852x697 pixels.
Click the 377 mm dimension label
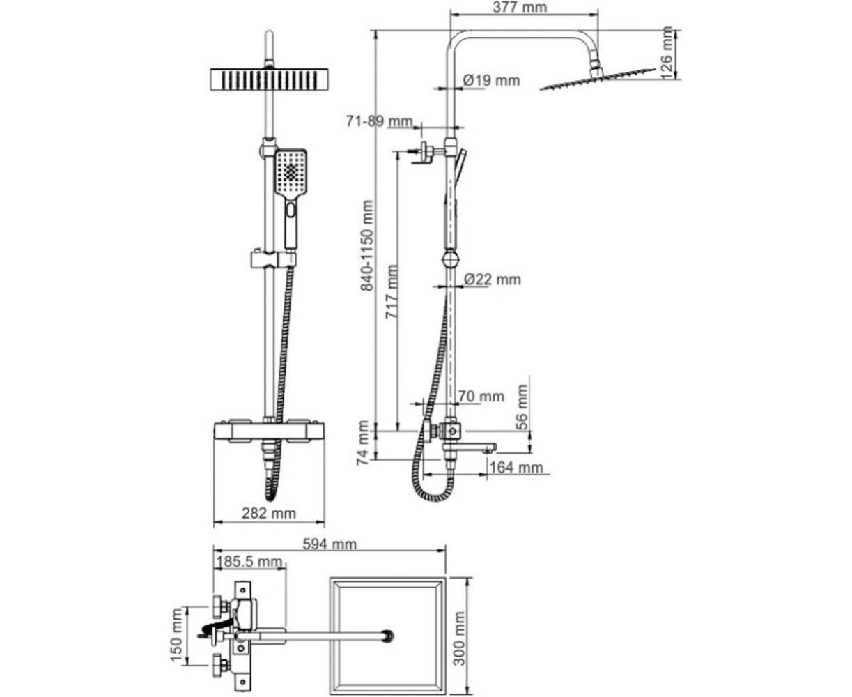coord(520,7)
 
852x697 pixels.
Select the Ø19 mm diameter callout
coord(491,80)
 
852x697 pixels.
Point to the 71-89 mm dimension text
coord(380,121)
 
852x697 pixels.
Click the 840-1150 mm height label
coord(368,245)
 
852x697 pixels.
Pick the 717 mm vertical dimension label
coord(391,291)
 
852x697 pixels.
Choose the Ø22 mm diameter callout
coord(492,279)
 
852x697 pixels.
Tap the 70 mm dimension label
coord(481,397)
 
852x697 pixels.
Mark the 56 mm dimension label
coord(522,408)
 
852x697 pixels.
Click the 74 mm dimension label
coord(363,443)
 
